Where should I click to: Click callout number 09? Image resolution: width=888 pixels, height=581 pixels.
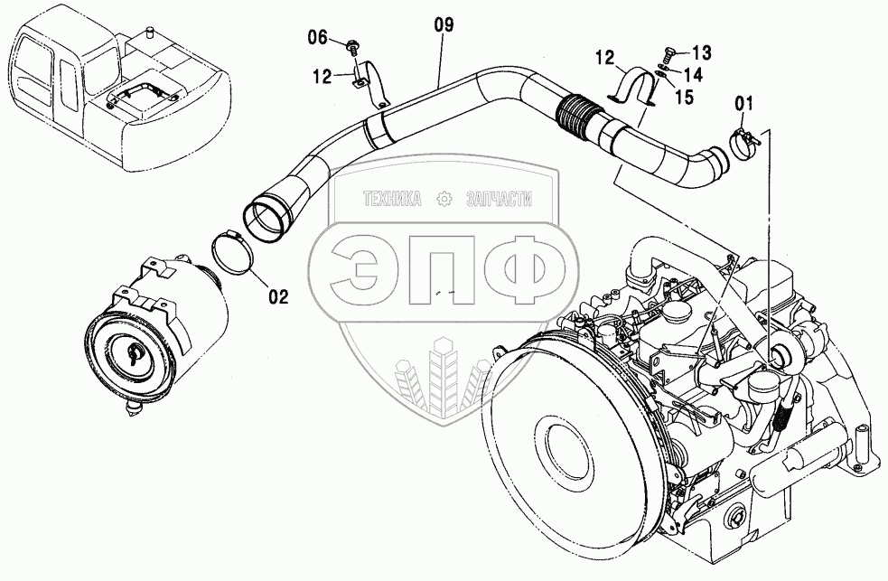tap(444, 25)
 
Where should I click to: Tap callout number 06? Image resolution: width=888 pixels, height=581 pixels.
tap(318, 37)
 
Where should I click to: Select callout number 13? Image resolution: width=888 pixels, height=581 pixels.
tap(702, 52)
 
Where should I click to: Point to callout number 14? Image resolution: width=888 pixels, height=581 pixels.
tap(693, 74)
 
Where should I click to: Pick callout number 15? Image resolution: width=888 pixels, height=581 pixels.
tap(684, 97)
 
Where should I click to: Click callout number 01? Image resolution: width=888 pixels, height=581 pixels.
tap(744, 104)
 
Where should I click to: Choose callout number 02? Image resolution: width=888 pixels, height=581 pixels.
tap(278, 296)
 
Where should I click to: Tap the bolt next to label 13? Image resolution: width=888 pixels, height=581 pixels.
tap(668, 55)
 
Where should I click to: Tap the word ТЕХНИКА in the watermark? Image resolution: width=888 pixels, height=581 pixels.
tap(392, 199)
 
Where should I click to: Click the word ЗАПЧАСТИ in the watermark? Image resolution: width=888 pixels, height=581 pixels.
tap(498, 199)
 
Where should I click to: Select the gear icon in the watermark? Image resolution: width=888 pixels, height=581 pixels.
tap(444, 199)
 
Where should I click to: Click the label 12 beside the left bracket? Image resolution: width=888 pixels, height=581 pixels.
tap(322, 76)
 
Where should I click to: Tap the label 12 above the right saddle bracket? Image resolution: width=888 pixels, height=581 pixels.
tap(605, 57)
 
